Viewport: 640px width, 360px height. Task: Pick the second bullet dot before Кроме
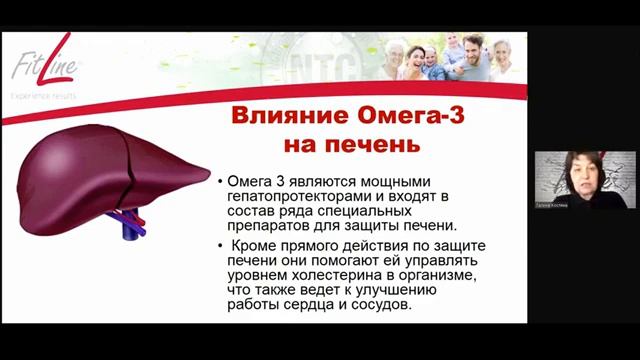(x=221, y=245)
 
